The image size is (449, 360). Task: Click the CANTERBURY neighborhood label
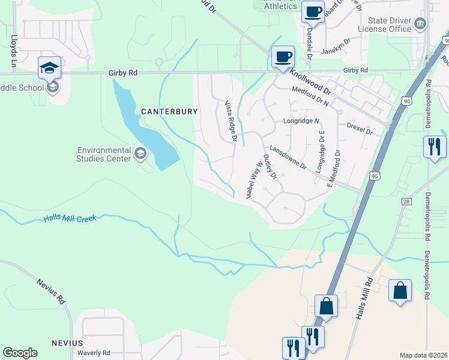(x=161, y=112)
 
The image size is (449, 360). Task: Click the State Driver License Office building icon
(x=420, y=25)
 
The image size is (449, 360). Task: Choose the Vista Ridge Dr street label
(x=231, y=122)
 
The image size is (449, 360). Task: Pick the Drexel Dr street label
(x=360, y=128)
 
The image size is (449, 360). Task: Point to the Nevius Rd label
(x=50, y=292)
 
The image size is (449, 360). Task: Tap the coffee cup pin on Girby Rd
(x=283, y=57)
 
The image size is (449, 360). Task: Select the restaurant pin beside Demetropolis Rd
(x=434, y=147)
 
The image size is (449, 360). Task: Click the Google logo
(x=20, y=353)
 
